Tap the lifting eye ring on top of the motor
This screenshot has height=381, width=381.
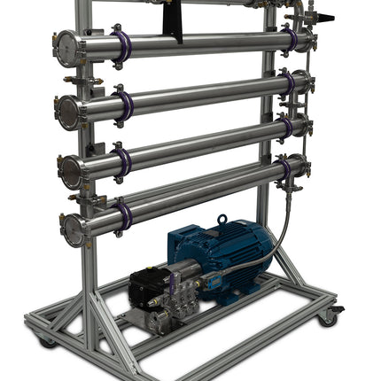tap(222, 218)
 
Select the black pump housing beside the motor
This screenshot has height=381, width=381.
tap(150, 285)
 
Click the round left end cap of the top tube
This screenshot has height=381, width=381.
tap(66, 48)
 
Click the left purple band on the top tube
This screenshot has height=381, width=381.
tap(123, 46)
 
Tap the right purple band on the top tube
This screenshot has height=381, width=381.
tap(291, 39)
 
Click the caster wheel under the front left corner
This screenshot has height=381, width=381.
tap(47, 341)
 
